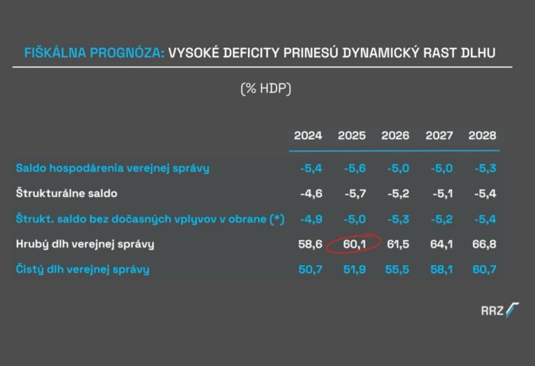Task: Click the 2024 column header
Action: click(308, 136)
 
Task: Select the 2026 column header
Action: click(395, 136)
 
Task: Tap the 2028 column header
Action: click(482, 136)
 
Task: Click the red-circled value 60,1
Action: click(352, 244)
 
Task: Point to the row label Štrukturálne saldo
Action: click(67, 193)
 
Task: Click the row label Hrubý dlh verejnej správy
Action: click(85, 244)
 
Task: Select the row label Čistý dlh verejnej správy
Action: click(83, 269)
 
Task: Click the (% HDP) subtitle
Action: click(266, 89)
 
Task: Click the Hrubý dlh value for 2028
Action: click(482, 244)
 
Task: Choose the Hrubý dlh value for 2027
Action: click(439, 244)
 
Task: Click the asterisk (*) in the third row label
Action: click(278, 219)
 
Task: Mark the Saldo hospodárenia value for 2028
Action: click(482, 168)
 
